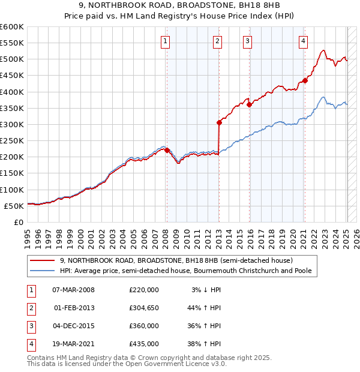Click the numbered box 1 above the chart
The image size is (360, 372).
165,41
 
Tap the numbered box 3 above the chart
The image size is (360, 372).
247,41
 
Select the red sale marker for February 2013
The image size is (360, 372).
219,123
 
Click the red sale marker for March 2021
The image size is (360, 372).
305,80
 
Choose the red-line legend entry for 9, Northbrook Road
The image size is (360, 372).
176,260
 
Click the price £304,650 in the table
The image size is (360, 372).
143,308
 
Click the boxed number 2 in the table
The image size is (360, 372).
31,308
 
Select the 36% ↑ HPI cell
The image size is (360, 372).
205,326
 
